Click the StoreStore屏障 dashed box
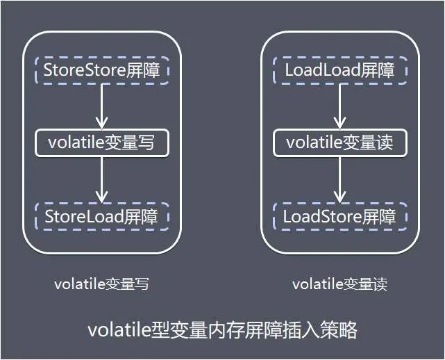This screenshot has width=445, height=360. click(101, 70)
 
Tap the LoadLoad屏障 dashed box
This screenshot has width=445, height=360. click(339, 70)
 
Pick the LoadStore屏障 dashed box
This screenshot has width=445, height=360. click(339, 217)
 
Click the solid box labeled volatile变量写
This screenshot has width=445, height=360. click(101, 143)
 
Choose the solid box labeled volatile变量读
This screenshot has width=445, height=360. click(339, 143)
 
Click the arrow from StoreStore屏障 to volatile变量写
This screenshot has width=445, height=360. click(101, 106)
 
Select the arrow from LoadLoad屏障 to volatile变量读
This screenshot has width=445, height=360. click(339, 106)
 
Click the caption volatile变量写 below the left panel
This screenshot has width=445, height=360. click(101, 284)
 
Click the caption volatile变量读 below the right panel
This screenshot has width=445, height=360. click(339, 284)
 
